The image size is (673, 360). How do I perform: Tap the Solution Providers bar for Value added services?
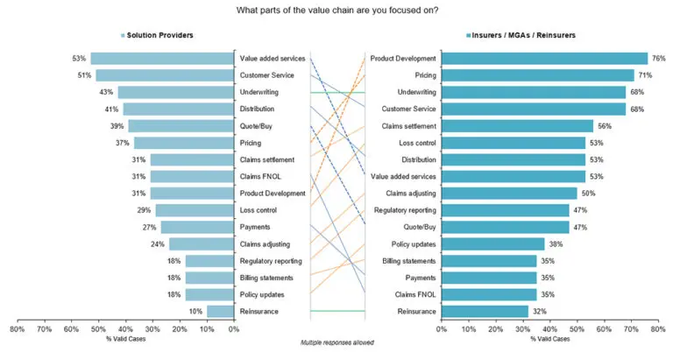pyautogui.click(x=163, y=59)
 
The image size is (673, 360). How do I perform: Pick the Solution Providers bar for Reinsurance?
pyautogui.click(x=220, y=311)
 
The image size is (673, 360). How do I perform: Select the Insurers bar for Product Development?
pyautogui.click(x=544, y=59)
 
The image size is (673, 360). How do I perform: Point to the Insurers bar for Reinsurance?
pyautogui.click(x=485, y=311)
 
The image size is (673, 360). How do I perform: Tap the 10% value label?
pyautogui.click(x=195, y=311)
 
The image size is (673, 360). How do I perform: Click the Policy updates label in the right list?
pyautogui.click(x=409, y=244)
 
